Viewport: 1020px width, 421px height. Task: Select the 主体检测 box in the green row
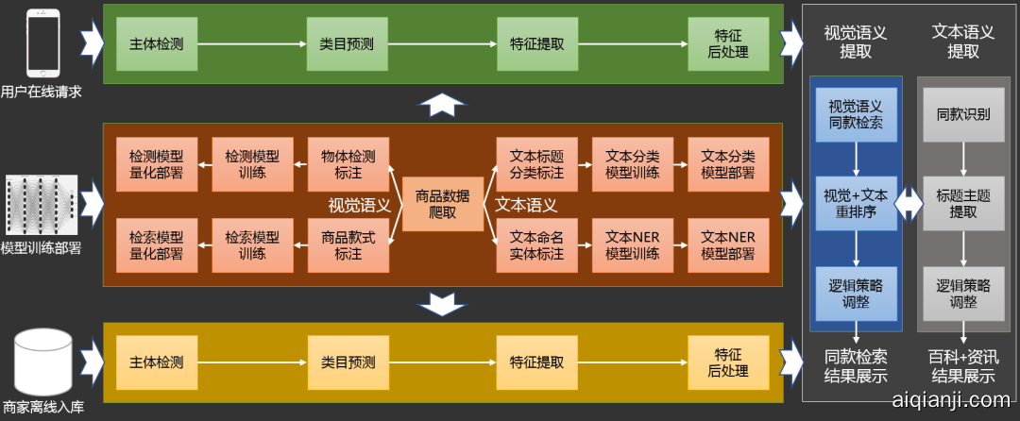(x=157, y=43)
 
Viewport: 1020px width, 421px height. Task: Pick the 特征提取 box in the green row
(x=537, y=43)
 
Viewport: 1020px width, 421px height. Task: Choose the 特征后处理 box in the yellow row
(x=728, y=362)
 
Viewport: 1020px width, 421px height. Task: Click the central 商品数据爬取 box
(x=442, y=204)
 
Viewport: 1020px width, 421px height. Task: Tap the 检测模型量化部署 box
(x=156, y=164)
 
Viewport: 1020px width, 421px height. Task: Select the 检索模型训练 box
(x=252, y=244)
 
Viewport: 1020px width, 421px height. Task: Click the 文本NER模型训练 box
(x=632, y=244)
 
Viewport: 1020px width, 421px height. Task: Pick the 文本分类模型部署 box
(x=728, y=164)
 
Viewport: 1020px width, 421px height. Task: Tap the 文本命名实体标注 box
(x=536, y=244)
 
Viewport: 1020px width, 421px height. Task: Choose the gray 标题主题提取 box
(x=963, y=204)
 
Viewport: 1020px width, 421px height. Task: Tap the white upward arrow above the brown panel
(x=442, y=105)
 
